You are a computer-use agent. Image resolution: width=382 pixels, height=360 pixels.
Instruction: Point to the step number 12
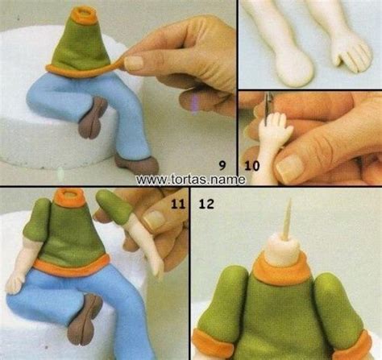206,204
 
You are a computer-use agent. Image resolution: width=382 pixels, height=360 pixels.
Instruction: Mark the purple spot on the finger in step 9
197,102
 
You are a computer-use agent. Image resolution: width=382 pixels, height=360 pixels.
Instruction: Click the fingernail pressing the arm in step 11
154,218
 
